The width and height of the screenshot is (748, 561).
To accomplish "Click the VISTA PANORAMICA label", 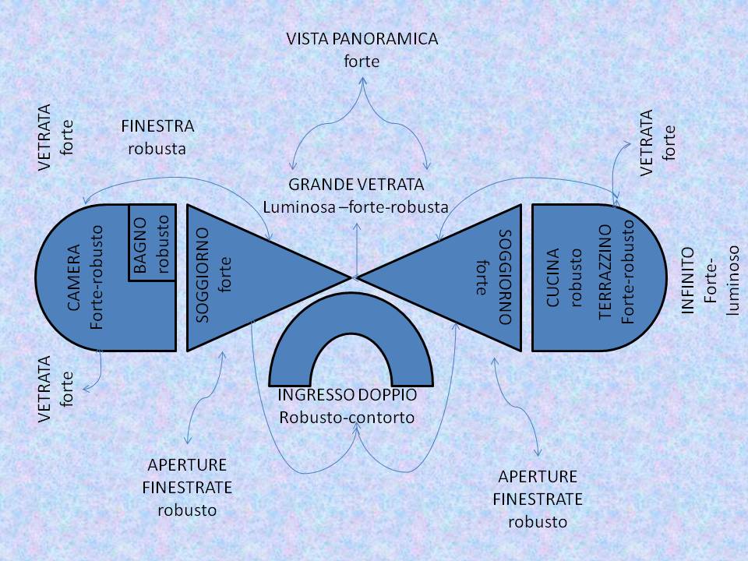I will tap(362, 38).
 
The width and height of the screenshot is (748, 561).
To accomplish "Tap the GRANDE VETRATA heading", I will tap(356, 185).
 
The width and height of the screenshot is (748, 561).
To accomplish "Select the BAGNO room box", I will tap(152, 243).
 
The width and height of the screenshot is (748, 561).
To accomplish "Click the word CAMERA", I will tap(74, 277).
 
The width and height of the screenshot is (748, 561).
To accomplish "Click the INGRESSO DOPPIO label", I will tap(347, 395).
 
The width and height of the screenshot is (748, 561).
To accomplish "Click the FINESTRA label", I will tap(157, 125).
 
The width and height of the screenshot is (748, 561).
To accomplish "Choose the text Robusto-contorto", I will tap(347, 417).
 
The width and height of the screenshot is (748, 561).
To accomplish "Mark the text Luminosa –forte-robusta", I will tap(356, 207).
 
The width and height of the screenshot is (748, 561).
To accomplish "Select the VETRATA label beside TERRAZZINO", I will tap(646, 143).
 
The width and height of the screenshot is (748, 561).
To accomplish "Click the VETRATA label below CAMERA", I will tap(44, 389).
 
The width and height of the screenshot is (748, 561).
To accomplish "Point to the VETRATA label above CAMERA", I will tap(44, 136).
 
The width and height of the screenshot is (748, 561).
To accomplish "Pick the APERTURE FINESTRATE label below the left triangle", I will tap(187, 477).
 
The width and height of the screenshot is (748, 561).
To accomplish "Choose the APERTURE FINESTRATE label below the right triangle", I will tap(538, 488).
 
